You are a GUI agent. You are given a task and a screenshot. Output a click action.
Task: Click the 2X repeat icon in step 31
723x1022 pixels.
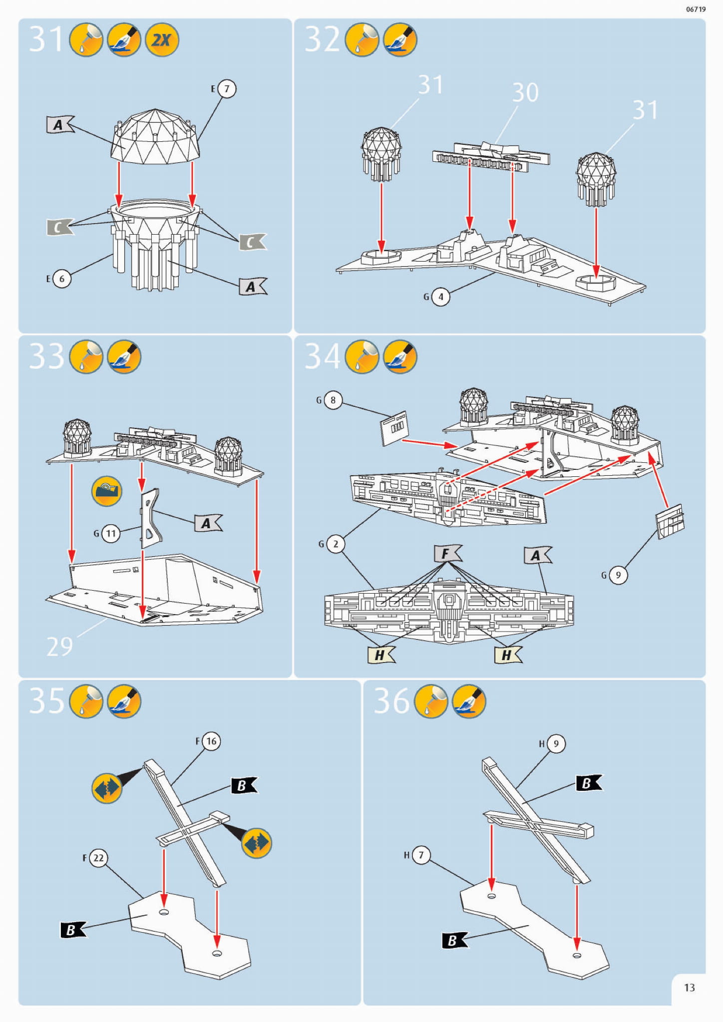(161, 40)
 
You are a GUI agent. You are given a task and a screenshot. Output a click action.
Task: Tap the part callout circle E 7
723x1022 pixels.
(227, 89)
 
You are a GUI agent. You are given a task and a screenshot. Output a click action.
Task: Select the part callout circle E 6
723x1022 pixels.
(62, 279)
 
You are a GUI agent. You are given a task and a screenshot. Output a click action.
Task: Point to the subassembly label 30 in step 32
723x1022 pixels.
(525, 93)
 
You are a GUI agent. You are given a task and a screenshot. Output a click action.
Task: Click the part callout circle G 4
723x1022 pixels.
(440, 297)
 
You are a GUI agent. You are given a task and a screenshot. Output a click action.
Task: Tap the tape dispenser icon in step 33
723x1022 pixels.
(106, 491)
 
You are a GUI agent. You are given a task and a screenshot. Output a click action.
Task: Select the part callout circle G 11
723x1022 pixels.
(111, 534)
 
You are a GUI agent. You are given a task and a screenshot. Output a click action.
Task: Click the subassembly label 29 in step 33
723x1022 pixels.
(59, 647)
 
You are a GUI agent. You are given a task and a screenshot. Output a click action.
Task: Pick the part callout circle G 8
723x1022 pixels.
(333, 400)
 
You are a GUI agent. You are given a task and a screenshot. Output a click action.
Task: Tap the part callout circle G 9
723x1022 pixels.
(618, 575)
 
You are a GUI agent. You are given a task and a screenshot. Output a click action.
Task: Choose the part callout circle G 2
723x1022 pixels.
(336, 544)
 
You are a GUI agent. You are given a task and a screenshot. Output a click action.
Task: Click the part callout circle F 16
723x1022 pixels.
(211, 741)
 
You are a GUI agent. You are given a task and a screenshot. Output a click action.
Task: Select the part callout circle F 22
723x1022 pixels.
(98, 858)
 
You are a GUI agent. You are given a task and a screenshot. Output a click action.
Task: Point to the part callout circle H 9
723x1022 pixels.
(556, 744)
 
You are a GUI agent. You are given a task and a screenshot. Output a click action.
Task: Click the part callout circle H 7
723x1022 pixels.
(421, 855)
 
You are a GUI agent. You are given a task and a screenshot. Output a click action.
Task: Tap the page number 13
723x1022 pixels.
(689, 988)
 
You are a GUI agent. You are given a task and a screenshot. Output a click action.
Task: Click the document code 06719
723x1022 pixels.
(696, 9)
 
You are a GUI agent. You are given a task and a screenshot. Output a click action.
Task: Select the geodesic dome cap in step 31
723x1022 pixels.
(155, 137)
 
